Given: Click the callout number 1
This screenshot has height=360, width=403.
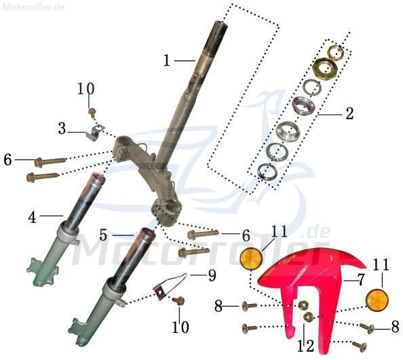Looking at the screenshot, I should pyautogui.click(x=167, y=60).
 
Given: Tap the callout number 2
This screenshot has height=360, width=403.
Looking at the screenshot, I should pyautogui.click(x=349, y=113).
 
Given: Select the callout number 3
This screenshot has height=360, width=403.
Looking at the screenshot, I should pyautogui.click(x=62, y=127).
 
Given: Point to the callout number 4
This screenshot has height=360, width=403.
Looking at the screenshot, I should pyautogui.click(x=32, y=218).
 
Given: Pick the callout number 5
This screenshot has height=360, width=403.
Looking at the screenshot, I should pyautogui.click(x=103, y=235).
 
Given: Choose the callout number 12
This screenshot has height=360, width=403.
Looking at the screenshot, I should pyautogui.click(x=306, y=346).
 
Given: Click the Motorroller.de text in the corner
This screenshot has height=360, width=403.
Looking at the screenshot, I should pyautogui.click(x=34, y=7).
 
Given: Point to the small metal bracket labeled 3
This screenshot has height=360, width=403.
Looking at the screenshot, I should pyautogui.click(x=98, y=131).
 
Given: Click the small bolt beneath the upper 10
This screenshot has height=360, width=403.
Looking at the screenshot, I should pyautogui.click(x=92, y=110).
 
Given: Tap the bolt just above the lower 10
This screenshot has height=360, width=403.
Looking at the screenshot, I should pyautogui.click(x=179, y=300).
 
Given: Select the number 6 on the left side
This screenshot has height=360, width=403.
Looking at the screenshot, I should pyautogui.click(x=7, y=160).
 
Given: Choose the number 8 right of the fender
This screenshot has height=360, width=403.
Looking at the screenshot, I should pyautogui.click(x=396, y=328).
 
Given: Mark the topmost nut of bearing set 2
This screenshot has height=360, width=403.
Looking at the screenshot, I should pyautogui.click(x=335, y=52).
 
